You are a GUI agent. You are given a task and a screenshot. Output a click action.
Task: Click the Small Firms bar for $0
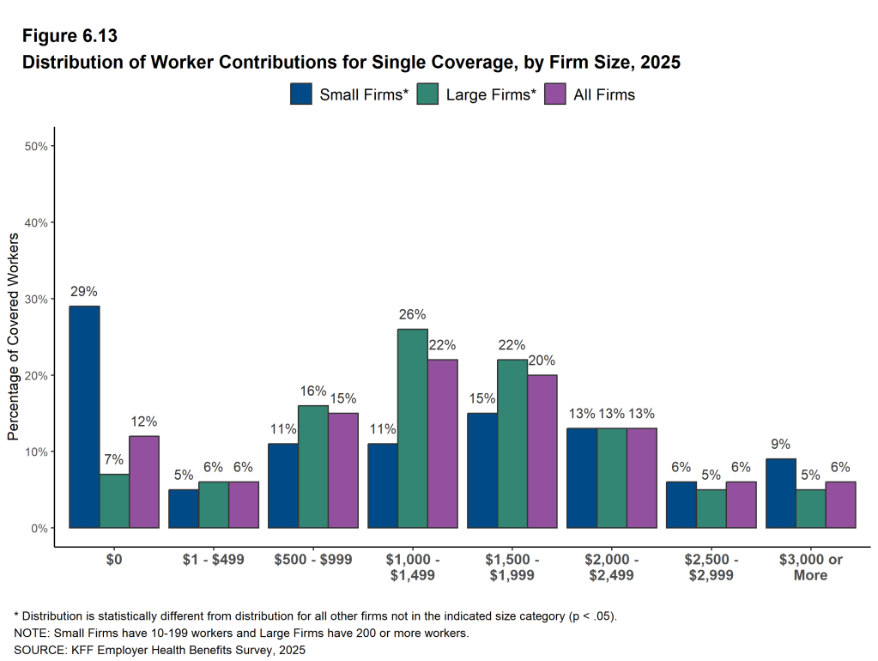point(84,416)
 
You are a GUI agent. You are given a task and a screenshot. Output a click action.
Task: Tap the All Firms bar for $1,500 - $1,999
point(542,451)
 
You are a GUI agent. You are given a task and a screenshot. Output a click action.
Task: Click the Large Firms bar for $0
point(114,500)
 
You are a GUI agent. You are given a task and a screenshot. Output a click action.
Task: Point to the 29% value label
point(84,292)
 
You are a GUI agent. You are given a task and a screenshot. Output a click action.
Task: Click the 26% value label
point(413,315)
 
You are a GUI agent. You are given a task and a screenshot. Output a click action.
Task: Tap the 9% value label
point(780,445)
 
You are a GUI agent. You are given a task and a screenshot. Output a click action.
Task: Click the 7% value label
point(114,459)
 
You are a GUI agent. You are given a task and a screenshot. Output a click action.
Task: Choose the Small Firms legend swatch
point(301,94)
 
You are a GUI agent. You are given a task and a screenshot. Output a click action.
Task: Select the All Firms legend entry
point(592,94)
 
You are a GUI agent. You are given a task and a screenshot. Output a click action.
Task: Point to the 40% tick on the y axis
point(35,222)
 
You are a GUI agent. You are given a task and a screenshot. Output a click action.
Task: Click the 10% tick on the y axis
point(35,452)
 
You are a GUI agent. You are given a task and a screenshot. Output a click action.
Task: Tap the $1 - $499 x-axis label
point(214,560)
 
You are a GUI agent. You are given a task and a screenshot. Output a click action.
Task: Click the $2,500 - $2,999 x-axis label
point(711,567)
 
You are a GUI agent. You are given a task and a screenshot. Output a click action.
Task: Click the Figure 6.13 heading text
point(70,36)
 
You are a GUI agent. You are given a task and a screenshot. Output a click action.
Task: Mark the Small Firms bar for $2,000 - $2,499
point(582,477)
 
